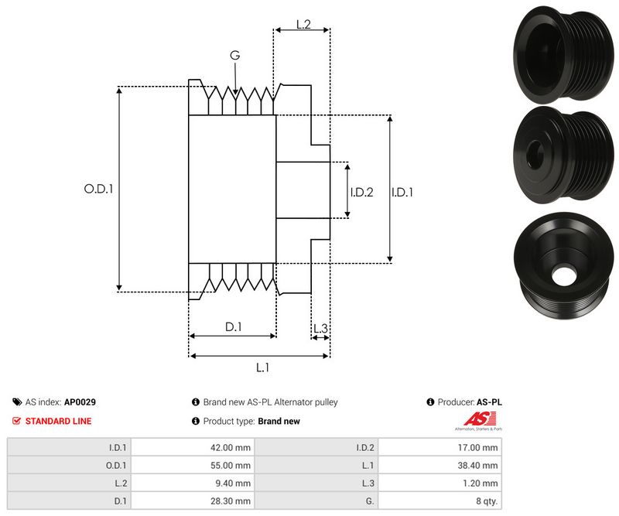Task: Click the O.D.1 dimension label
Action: click(x=98, y=188)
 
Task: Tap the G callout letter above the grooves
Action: click(x=234, y=56)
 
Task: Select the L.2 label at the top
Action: click(x=303, y=26)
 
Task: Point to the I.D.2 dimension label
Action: click(x=361, y=192)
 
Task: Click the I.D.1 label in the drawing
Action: click(x=402, y=192)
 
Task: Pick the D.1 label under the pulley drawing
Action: click(x=234, y=327)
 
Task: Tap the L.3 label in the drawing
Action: click(x=320, y=329)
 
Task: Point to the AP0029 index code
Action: click(x=80, y=402)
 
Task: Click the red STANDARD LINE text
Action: click(x=58, y=421)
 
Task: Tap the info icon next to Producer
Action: click(x=430, y=402)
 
